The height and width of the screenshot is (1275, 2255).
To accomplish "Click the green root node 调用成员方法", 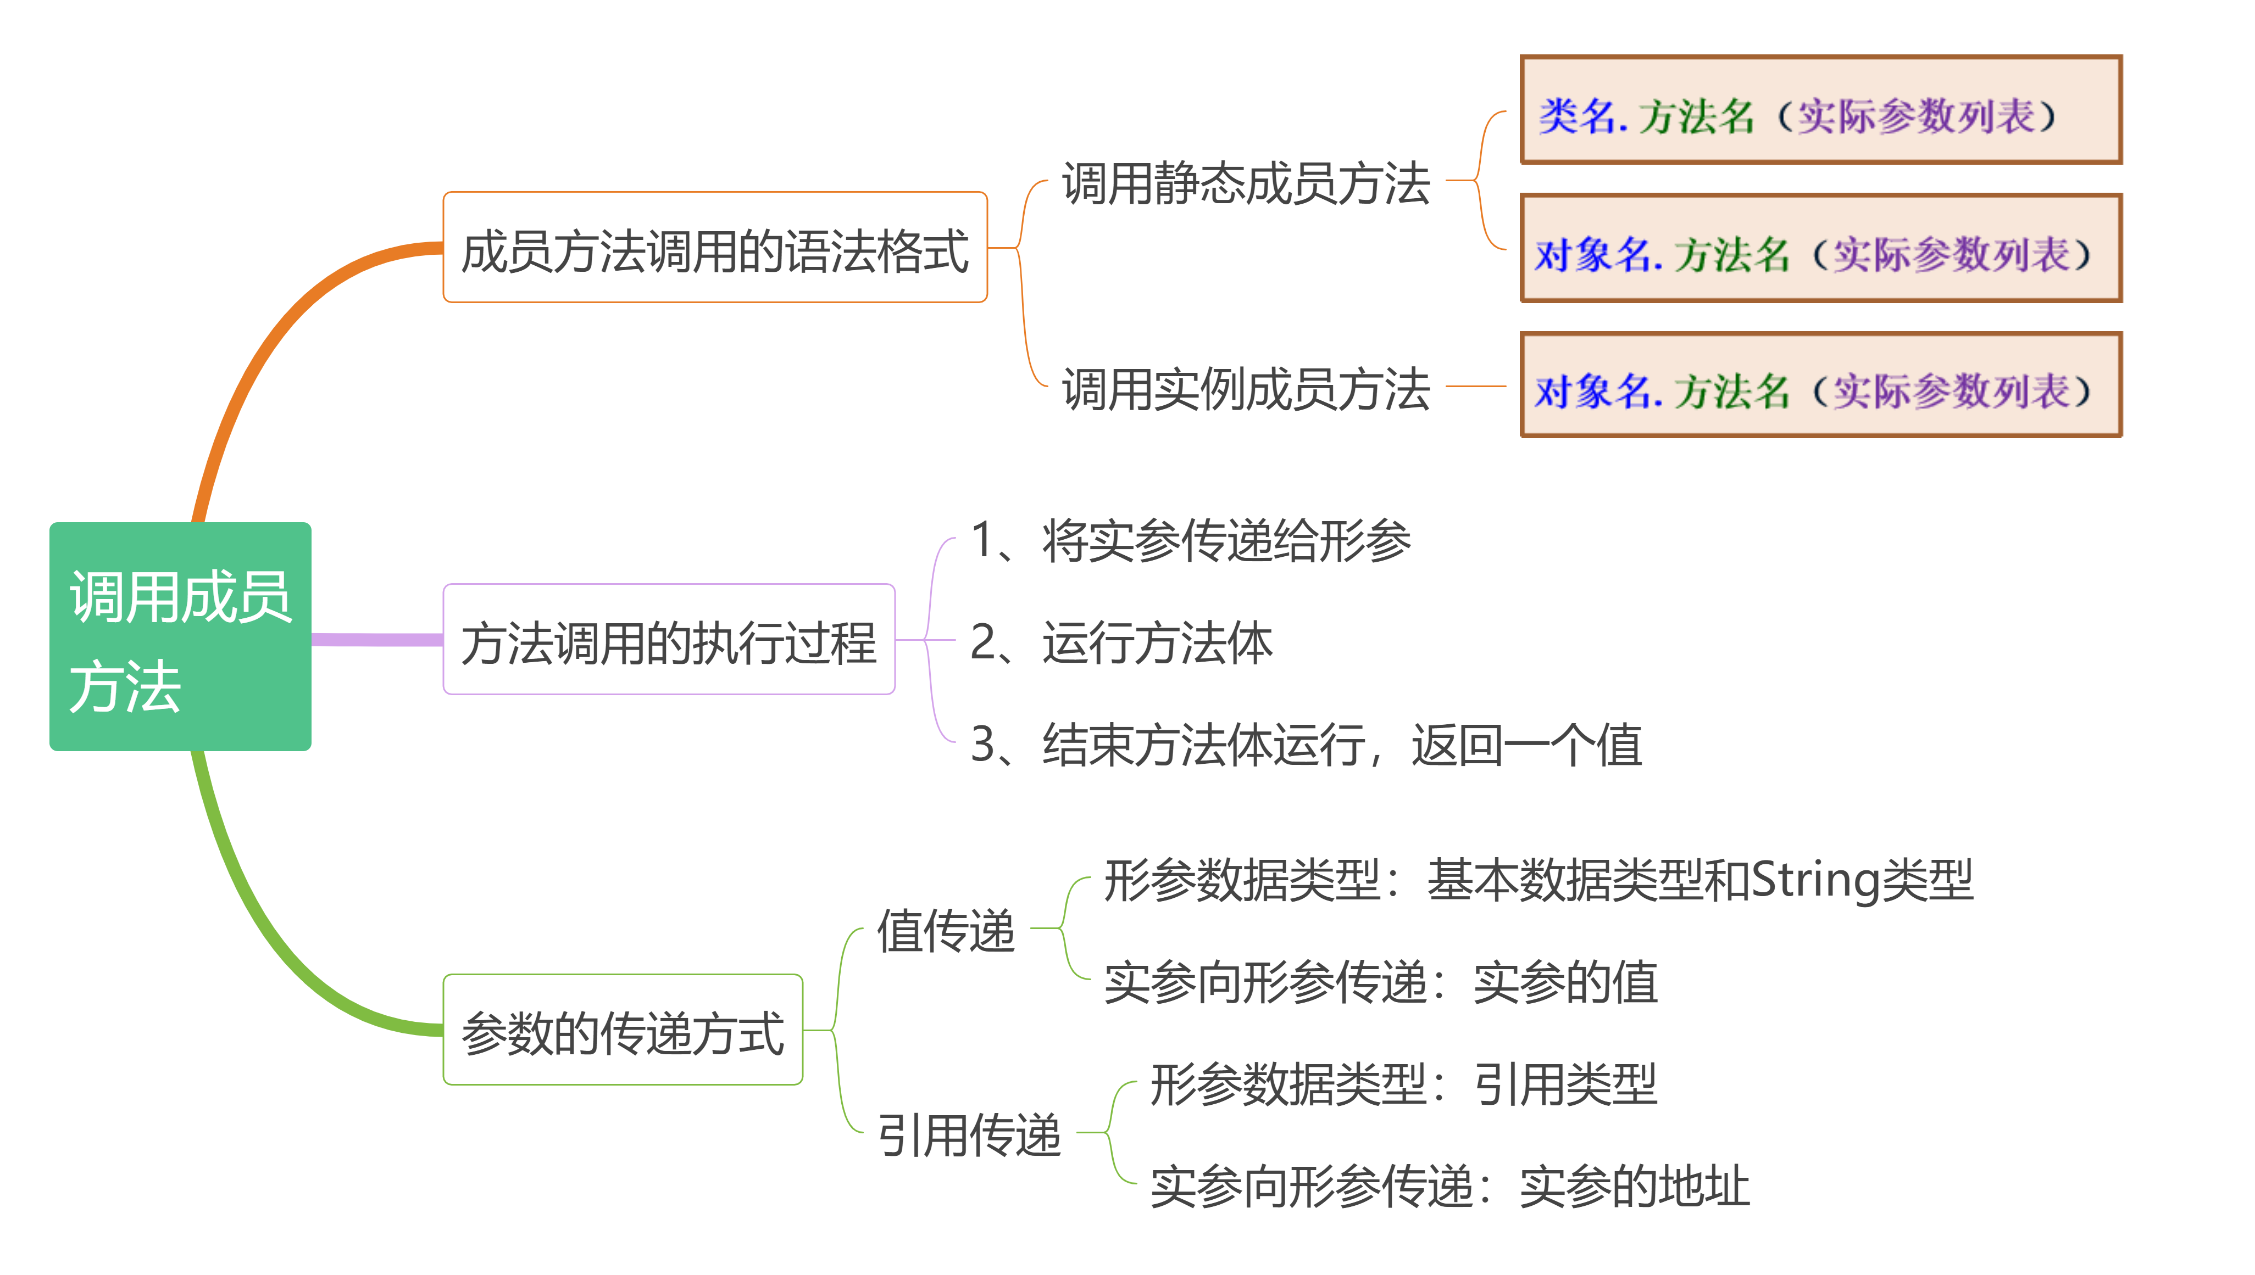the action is (180, 636).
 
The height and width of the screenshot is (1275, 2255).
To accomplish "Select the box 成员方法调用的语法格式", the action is (715, 248).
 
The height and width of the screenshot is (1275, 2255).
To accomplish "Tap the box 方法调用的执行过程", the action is (669, 640).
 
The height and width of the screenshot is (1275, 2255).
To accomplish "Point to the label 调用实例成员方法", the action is (1246, 388).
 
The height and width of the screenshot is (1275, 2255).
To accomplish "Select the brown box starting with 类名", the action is (1820, 110).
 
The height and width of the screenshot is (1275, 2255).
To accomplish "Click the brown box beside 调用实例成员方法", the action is (1820, 385).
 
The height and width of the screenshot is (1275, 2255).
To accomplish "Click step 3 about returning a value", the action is (1306, 745).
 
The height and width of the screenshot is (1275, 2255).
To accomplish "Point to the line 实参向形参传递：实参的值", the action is (1381, 982).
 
